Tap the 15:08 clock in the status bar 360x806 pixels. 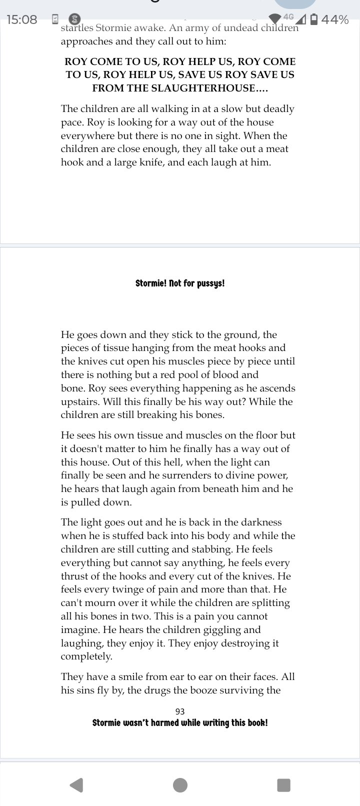pyautogui.click(x=22, y=20)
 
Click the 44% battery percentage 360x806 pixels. pyautogui.click(x=335, y=20)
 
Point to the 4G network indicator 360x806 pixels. pyautogui.click(x=288, y=16)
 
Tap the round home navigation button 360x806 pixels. pyautogui.click(x=180, y=785)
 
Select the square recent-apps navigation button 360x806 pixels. pyautogui.click(x=283, y=785)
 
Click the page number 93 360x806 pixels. pyautogui.click(x=180, y=711)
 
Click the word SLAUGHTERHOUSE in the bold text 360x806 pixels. pyautogui.click(x=198, y=88)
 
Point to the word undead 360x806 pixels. pyautogui.click(x=229, y=28)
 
